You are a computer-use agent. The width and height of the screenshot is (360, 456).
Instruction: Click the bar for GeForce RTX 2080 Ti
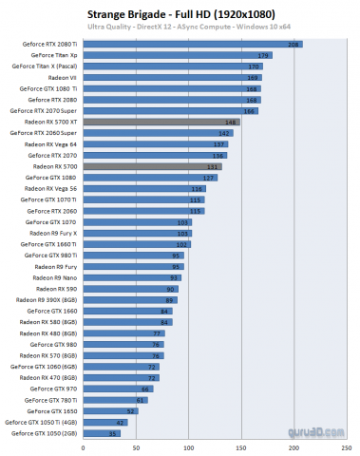[190, 45]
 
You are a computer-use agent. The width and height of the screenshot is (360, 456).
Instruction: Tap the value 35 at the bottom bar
[114, 432]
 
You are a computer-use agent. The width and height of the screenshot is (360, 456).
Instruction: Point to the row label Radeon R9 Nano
[59, 277]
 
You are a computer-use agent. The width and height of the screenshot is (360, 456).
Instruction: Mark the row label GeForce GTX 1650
[59, 410]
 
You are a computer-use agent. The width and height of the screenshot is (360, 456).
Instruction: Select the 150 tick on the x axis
[243, 446]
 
